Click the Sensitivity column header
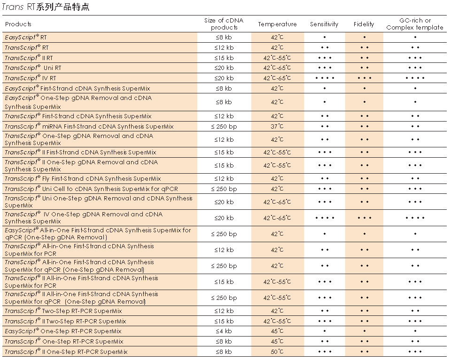pos(324,24)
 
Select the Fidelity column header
pos(364,24)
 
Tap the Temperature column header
pos(277,24)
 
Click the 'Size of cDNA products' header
pos(224,24)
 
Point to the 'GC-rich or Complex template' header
pos(415,24)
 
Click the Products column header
pos(18,24)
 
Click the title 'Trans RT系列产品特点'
pos(45,7)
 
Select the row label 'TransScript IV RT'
pos(31,78)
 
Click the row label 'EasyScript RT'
pos(26,37)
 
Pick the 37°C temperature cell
pos(277,126)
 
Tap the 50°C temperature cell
pos(277,352)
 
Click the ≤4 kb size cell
pos(224,331)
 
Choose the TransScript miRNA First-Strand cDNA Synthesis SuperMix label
pos(89,126)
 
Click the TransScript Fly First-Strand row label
pos(83,179)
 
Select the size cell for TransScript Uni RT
pos(224,68)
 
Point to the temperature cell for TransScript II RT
pos(277,58)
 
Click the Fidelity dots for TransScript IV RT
pos(365,78)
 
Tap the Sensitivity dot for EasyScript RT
pos(324,37)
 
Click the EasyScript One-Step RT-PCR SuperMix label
pos(63,331)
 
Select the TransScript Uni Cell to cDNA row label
pos(91,189)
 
